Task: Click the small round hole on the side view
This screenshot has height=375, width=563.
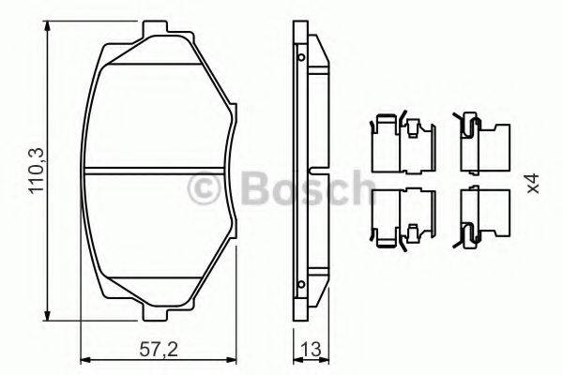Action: click(x=300, y=58)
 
